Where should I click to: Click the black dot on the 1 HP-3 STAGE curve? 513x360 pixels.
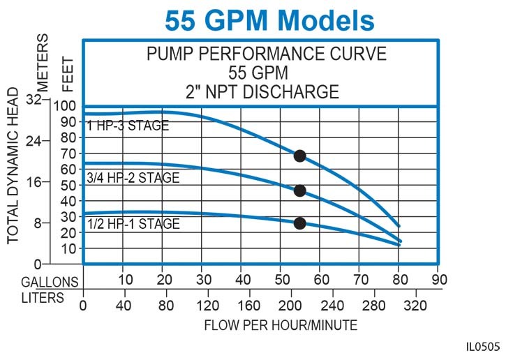click(299, 156)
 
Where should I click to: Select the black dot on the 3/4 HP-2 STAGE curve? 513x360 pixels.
click(300, 190)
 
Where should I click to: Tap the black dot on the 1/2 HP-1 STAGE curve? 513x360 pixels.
click(300, 223)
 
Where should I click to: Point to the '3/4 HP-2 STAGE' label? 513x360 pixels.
click(133, 178)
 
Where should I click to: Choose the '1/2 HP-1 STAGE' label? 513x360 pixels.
click(133, 224)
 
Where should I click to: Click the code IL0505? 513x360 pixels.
click(485, 345)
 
